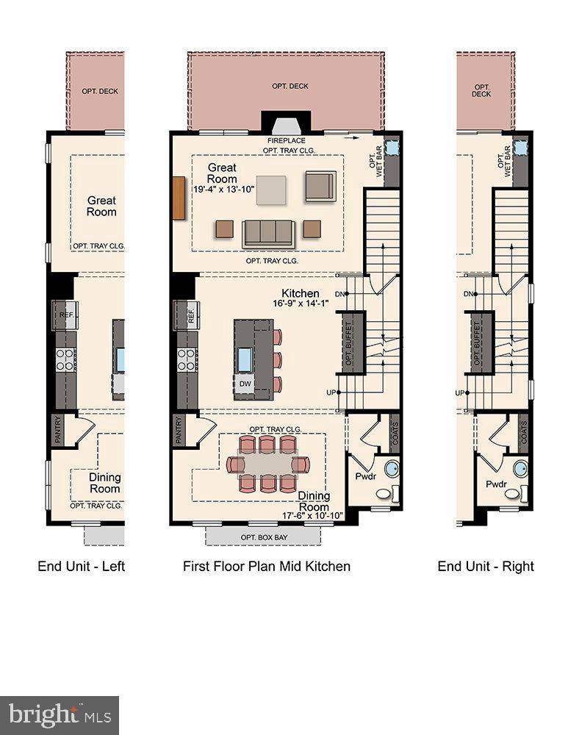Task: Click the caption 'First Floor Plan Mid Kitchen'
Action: point(266,566)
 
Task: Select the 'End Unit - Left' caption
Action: point(82,566)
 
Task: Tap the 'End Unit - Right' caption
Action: point(486,566)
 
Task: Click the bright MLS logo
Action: point(60,714)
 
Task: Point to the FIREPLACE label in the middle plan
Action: point(287,140)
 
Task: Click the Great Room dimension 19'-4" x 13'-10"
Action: point(223,190)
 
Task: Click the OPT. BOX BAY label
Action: point(264,537)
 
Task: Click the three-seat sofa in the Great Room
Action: point(269,233)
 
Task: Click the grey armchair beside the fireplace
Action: point(320,186)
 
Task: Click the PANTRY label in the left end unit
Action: point(57,430)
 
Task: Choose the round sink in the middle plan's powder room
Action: point(392,468)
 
